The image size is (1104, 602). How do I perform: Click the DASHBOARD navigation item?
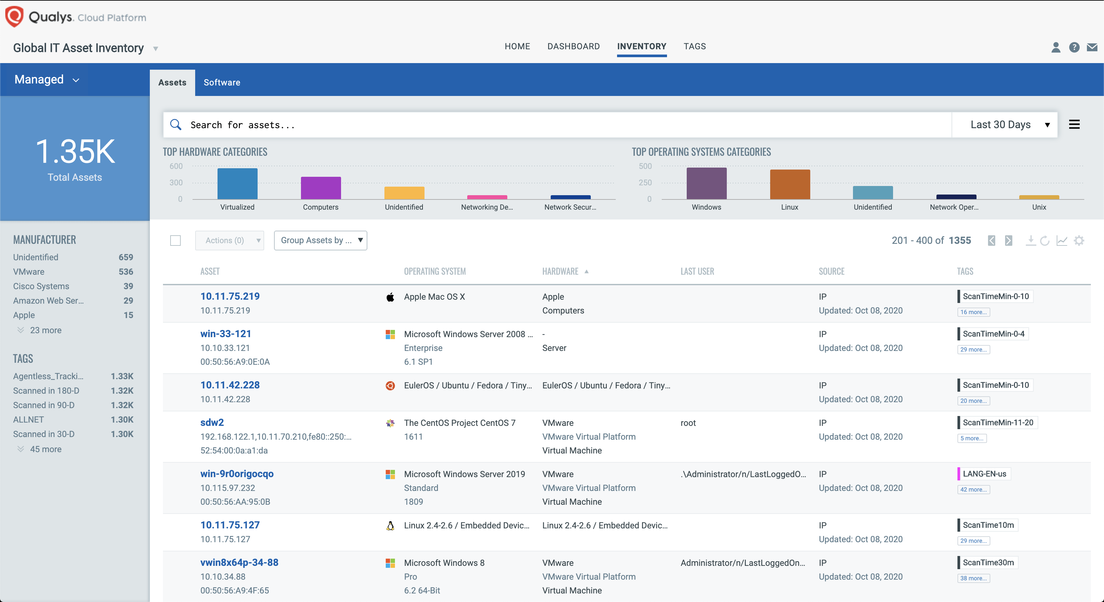pos(573,46)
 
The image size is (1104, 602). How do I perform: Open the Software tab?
pos(221,82)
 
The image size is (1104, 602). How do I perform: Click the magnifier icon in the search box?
pos(176,125)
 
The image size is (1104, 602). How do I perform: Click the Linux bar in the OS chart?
pos(790,184)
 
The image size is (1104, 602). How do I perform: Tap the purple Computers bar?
pos(321,188)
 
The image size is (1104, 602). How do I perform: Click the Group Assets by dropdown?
pos(320,240)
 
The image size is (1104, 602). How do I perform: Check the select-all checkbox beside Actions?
pos(175,240)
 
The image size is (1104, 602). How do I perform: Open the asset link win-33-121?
pos(225,334)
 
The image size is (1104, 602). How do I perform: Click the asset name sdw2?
pos(212,423)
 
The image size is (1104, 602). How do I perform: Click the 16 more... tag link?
pos(973,312)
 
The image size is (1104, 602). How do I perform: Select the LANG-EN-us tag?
pos(984,474)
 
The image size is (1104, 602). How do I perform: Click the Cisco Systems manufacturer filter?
pos(41,286)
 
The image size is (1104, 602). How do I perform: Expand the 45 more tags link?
pos(45,449)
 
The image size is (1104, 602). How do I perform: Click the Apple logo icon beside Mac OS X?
pos(390,297)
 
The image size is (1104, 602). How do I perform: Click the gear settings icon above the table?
pos(1079,240)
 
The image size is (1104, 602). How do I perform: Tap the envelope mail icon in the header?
pos(1092,47)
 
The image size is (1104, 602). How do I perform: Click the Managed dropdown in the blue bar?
pos(46,80)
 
